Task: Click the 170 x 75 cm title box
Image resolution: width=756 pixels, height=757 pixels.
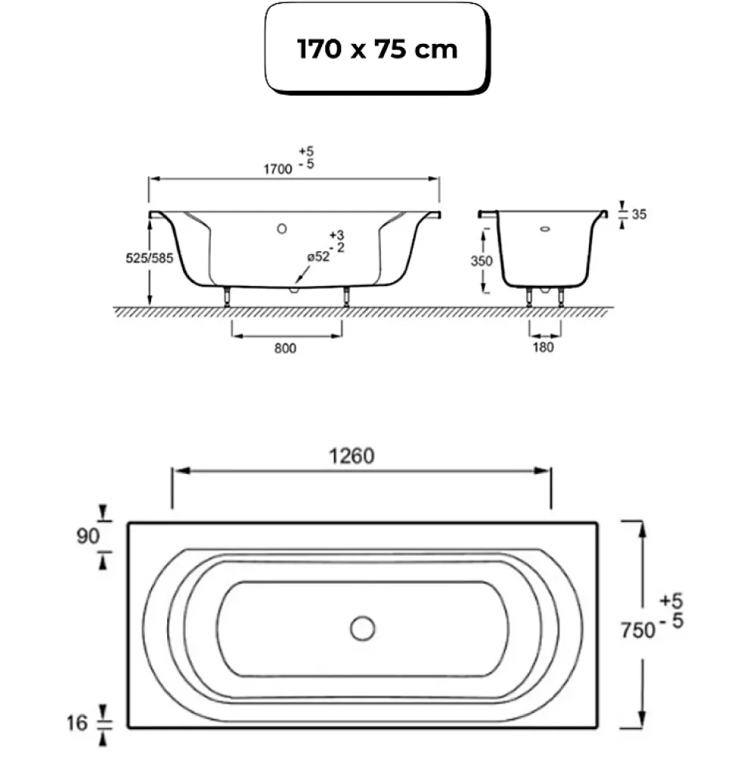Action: [377, 48]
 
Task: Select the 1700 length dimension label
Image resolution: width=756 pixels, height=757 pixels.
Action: [277, 169]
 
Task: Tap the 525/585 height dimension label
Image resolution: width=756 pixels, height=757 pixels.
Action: [149, 259]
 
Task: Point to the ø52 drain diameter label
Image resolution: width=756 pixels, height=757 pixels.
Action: [318, 257]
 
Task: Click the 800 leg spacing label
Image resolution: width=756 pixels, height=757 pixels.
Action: [285, 348]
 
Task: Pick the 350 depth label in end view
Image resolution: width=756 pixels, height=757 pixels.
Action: [482, 261]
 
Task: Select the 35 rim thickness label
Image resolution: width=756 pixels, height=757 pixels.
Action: [639, 214]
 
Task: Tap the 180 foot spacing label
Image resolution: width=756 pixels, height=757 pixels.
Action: [543, 347]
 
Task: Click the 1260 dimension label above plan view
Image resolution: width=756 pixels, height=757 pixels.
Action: [352, 456]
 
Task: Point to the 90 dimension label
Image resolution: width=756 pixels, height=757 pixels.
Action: [88, 536]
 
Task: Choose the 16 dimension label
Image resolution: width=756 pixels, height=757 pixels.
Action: [77, 723]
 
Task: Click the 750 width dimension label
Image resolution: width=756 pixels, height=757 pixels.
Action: [638, 630]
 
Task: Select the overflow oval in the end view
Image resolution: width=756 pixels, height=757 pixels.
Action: [545, 229]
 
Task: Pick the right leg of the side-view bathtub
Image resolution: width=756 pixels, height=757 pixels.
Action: [346, 296]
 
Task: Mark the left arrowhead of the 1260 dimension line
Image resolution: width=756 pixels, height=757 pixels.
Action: [181, 470]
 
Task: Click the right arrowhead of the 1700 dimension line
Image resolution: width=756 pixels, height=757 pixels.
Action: [433, 178]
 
